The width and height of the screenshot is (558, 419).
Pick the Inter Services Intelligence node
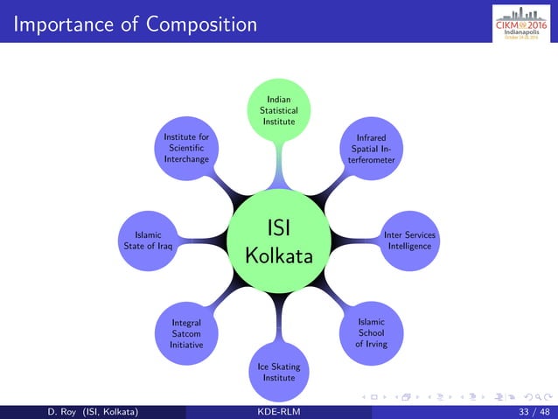click(409, 241)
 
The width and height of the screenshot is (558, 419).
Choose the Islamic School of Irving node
click(371, 333)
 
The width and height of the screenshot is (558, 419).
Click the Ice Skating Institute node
click(279, 372)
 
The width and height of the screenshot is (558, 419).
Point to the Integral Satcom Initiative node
click(187, 333)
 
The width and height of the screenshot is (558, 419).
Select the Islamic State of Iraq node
click(148, 241)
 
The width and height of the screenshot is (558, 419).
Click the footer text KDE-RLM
click(279, 412)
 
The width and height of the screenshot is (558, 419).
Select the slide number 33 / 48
click(534, 412)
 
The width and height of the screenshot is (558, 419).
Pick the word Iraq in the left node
click(167, 247)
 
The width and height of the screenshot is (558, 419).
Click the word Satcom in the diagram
click(187, 333)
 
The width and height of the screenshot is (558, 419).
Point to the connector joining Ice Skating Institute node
click(279, 319)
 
